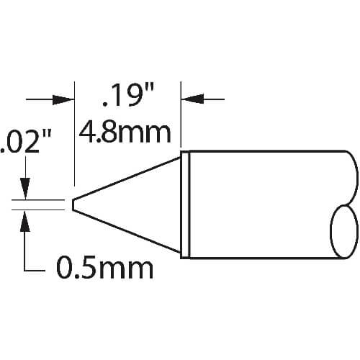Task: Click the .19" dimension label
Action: pyautogui.click(x=128, y=95)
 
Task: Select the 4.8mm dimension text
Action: pyautogui.click(x=125, y=133)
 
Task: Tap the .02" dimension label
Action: pyautogui.click(x=26, y=142)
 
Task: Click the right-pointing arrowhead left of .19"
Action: pyautogui.click(x=63, y=99)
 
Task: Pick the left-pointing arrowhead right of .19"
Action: pyautogui.click(x=192, y=99)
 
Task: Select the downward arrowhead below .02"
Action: pyautogui.click(x=25, y=189)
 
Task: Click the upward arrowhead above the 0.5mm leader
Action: pyautogui.click(x=24, y=221)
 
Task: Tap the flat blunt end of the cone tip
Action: pyautogui.click(x=73, y=204)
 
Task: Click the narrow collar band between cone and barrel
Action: pyautogui.click(x=185, y=204)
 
